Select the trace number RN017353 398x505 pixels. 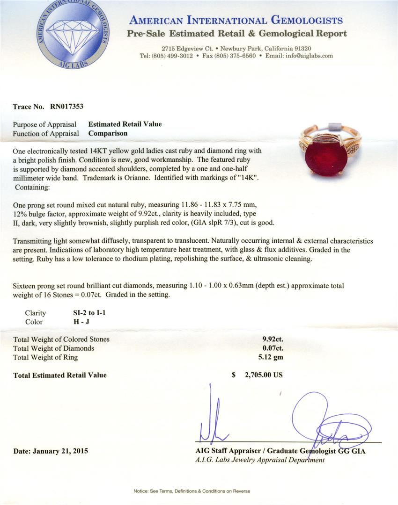tap(66, 107)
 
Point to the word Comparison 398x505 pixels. tap(108, 133)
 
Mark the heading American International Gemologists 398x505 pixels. tap(236, 21)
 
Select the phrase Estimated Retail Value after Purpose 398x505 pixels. tap(125, 124)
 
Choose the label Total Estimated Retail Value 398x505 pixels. tap(60, 375)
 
